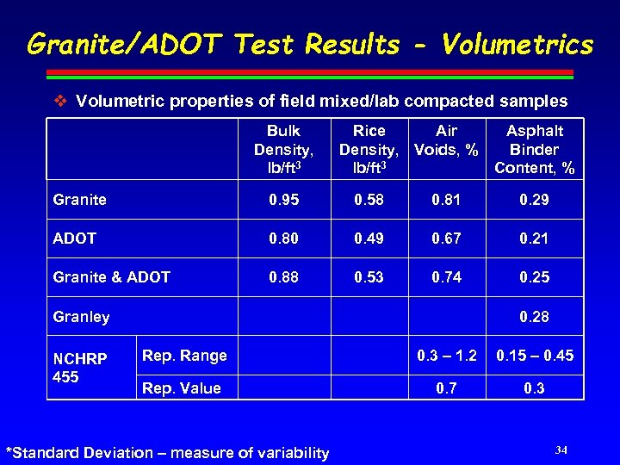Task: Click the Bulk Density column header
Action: pyautogui.click(x=283, y=149)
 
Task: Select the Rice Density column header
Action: pyautogui.click(x=369, y=149)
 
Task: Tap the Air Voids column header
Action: pyautogui.click(x=446, y=139)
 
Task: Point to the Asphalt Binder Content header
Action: pyautogui.click(x=534, y=149)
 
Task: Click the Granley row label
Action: pyautogui.click(x=82, y=317)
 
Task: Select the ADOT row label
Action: pyautogui.click(x=75, y=239)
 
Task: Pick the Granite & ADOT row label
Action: pyautogui.click(x=112, y=277)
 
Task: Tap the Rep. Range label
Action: pyautogui.click(x=184, y=356)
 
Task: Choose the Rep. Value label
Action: pyautogui.click(x=181, y=388)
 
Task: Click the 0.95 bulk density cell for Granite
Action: pyautogui.click(x=283, y=200)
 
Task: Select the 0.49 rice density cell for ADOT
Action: pyautogui.click(x=369, y=239)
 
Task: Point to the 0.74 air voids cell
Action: pyautogui.click(x=446, y=277)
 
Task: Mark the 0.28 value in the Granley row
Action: pyautogui.click(x=534, y=317)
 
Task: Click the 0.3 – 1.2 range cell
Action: pyautogui.click(x=446, y=356)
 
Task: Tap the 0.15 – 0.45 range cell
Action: pyautogui.click(x=534, y=356)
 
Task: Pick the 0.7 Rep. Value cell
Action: pyautogui.click(x=446, y=388)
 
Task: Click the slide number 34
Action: pyautogui.click(x=561, y=450)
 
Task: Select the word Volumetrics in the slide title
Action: pyautogui.click(x=517, y=45)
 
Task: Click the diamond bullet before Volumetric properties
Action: pyautogui.click(x=59, y=101)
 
